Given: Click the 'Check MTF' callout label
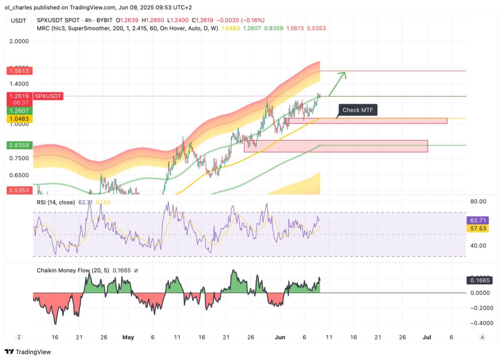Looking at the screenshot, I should click(358, 110).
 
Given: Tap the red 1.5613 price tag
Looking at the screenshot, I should click(19, 71).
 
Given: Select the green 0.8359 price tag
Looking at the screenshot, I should click(19, 145).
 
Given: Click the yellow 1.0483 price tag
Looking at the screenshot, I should click(19, 119).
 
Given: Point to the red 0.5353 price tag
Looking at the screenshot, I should click(19, 190).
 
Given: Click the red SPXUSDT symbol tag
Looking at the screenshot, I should click(48, 96).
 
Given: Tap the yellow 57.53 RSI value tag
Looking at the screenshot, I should click(476, 229).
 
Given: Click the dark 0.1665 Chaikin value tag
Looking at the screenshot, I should click(476, 280).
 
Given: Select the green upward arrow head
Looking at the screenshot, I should click(344, 74).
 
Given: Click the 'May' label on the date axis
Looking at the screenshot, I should click(128, 337).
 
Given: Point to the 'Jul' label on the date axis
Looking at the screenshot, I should click(427, 337).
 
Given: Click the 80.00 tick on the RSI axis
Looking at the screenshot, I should click(478, 201).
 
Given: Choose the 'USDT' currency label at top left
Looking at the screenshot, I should click(18, 20).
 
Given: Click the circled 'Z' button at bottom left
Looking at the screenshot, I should click(18, 337).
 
